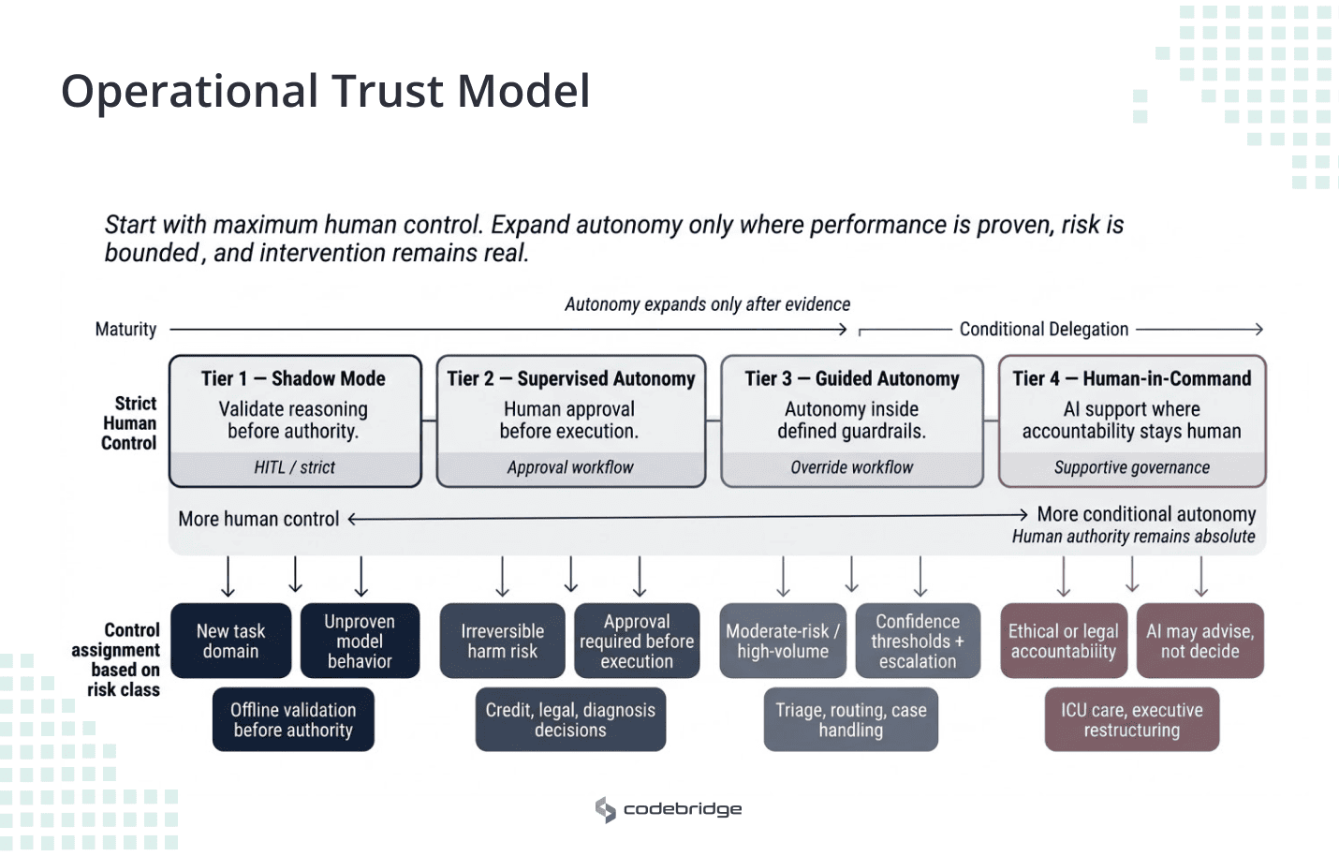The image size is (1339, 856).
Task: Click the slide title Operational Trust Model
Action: tap(325, 92)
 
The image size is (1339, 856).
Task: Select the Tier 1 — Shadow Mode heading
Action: tap(293, 378)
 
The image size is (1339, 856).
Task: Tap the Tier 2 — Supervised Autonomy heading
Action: tap(570, 378)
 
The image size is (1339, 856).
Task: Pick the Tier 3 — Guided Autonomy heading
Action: tap(851, 378)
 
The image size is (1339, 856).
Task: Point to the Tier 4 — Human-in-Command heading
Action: tap(1131, 378)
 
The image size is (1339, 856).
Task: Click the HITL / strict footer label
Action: tap(294, 467)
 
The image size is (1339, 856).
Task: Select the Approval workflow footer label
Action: tap(570, 467)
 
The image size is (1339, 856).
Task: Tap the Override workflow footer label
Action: tap(851, 467)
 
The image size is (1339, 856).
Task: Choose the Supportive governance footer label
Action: tap(1131, 467)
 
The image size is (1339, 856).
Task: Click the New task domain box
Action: tap(230, 642)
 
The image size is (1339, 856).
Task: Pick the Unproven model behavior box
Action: tap(360, 642)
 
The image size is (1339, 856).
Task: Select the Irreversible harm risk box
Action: tap(502, 642)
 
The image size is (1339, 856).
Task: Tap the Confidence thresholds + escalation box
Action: tap(918, 642)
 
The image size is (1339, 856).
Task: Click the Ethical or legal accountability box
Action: tap(1063, 642)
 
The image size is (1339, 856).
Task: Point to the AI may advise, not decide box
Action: tap(1199, 642)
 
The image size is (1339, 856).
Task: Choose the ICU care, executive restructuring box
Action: tap(1131, 720)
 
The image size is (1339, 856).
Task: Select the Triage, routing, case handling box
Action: tap(850, 720)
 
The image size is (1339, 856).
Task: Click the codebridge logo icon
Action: tap(606, 809)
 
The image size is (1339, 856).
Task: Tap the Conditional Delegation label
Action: tap(1043, 330)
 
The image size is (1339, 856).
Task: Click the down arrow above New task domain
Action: tap(228, 577)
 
